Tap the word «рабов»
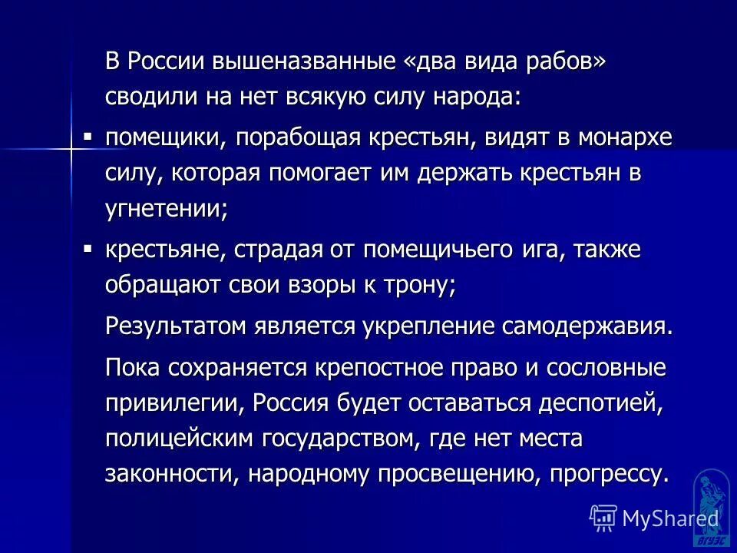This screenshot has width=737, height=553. click(x=558, y=62)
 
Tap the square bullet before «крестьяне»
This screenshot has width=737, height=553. click(x=88, y=247)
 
